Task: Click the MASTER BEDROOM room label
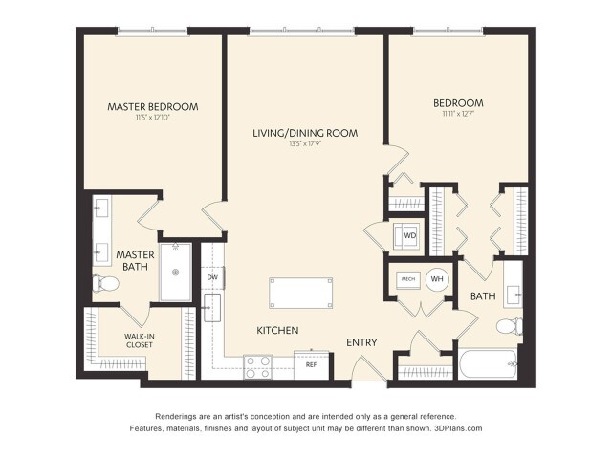[x=153, y=106]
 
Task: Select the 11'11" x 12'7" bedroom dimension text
[x=457, y=115]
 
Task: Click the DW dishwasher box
[x=212, y=277]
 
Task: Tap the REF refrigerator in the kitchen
[x=311, y=364]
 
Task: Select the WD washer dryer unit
[x=409, y=234]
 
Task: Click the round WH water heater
[x=437, y=278]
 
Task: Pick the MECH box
[x=405, y=278]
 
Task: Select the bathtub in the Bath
[x=488, y=363]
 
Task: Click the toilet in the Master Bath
[x=102, y=283]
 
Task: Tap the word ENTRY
[x=361, y=342]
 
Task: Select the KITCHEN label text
[x=277, y=330]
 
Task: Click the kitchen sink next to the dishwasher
[x=212, y=307]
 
